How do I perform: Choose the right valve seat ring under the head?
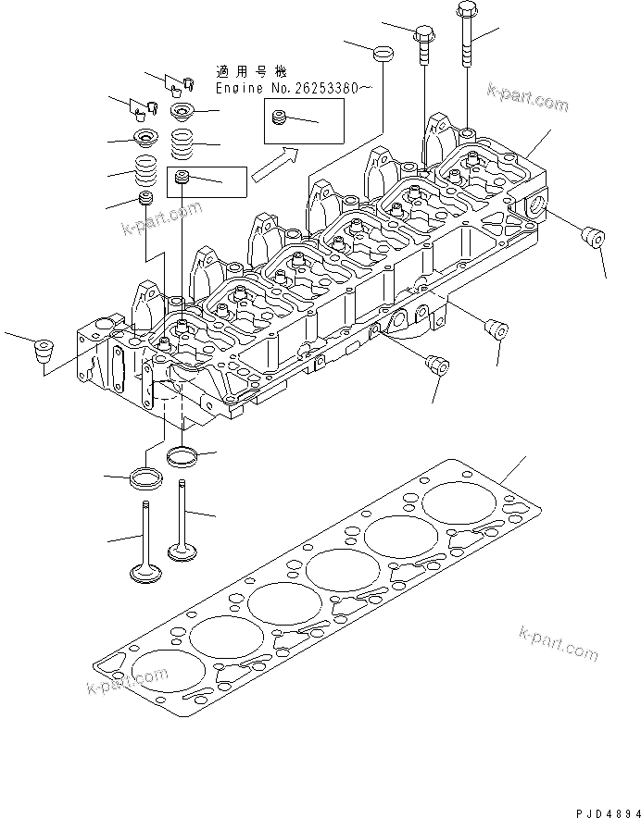(182, 455)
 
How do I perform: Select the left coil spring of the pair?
(145, 172)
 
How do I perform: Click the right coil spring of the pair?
(182, 144)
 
